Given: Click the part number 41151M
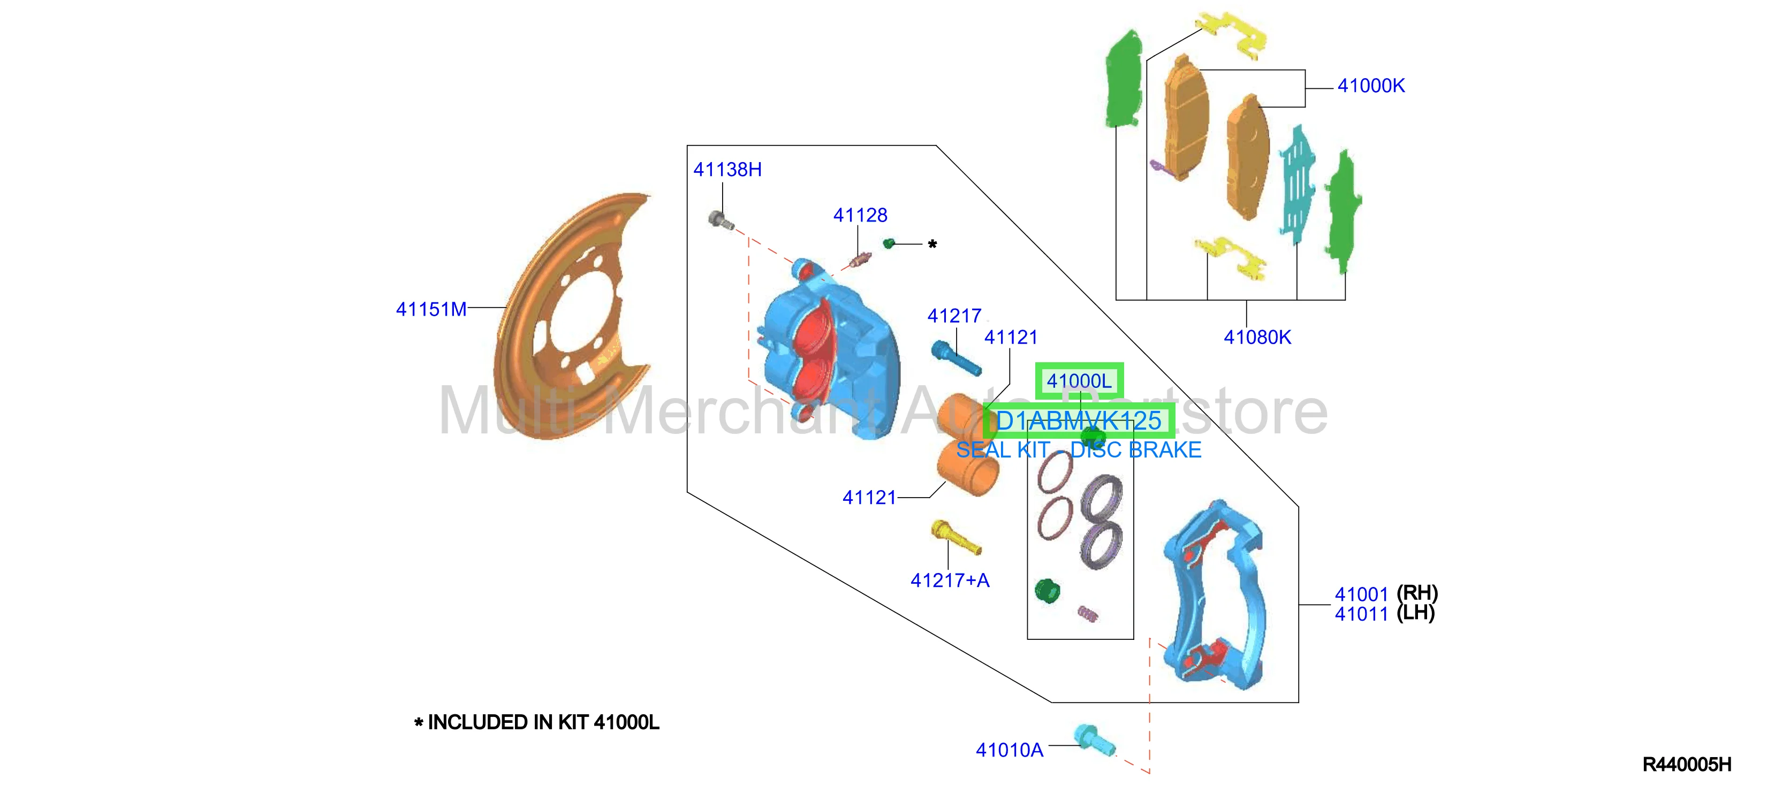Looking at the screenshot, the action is [x=431, y=309].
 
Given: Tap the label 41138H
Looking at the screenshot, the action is [x=727, y=170].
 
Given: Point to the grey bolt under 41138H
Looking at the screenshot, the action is [x=721, y=220].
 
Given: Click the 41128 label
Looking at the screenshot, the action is [x=860, y=215].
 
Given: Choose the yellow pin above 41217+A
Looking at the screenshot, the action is [x=955, y=537].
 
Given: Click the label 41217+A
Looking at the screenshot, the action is [x=950, y=581].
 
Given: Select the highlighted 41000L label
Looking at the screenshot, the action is [x=1079, y=380].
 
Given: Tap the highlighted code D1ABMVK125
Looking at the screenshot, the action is [x=1078, y=421].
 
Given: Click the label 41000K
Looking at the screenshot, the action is [x=1370, y=86].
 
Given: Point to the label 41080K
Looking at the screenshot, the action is [x=1257, y=338].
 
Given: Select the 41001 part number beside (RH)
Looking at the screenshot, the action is [x=1361, y=594].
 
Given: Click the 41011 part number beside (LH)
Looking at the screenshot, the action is [x=1361, y=614].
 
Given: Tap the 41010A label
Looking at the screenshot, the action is [x=1009, y=750].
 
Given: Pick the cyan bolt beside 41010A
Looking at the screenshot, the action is [x=1094, y=740].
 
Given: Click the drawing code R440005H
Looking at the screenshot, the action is [x=1687, y=765].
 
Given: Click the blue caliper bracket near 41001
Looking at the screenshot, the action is [x=1213, y=593].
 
